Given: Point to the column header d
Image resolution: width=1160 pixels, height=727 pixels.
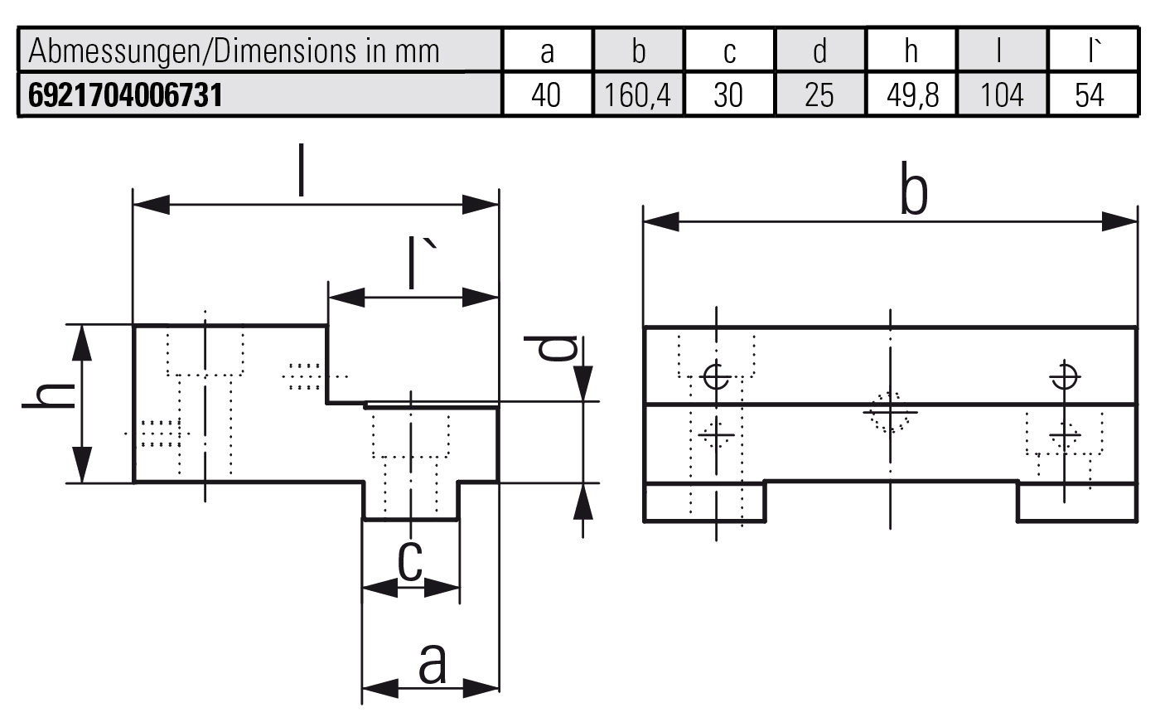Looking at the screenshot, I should click(x=819, y=51).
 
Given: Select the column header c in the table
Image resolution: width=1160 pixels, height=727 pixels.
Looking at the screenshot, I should click(x=728, y=51).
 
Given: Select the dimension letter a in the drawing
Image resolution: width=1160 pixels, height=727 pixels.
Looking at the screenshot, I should click(x=432, y=662).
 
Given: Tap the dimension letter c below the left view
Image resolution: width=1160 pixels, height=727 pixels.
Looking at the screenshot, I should click(x=410, y=561).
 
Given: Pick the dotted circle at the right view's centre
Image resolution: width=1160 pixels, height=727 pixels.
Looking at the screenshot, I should click(x=890, y=411).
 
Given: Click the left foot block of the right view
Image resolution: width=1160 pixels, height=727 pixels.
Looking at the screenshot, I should click(x=703, y=502).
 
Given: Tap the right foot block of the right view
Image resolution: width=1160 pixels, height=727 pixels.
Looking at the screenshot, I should click(x=1076, y=502).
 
